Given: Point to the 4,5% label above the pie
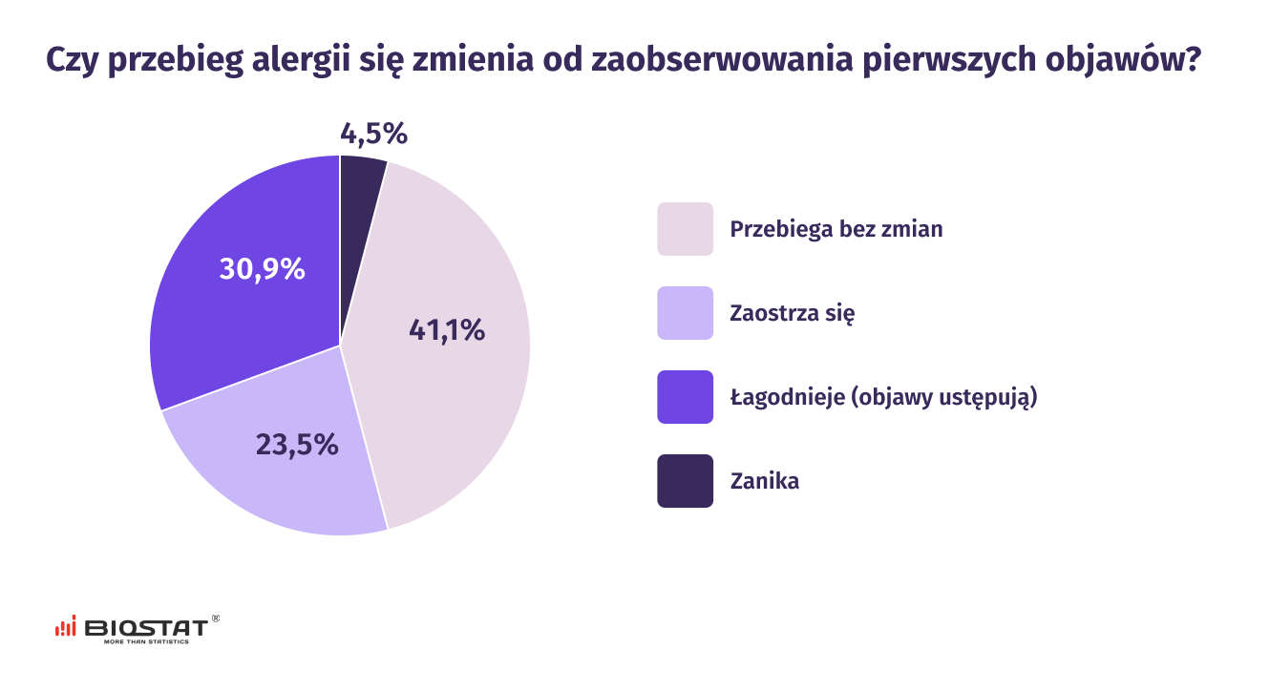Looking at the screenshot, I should coord(373,135).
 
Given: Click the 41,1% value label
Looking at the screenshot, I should coord(447,330).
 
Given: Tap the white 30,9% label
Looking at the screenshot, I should coord(262,269).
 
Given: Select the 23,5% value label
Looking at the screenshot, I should coord(297,444).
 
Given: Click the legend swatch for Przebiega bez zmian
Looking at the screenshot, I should coord(685,229).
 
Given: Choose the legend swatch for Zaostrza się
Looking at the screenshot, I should coord(685,313).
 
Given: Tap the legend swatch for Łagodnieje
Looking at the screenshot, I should coord(685,397).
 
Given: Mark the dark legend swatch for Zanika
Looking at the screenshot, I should coord(685,481).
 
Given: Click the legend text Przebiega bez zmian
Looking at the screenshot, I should coord(836,229).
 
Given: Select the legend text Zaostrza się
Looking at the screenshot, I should coord(792,313).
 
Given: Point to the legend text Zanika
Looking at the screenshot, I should coord(764,481).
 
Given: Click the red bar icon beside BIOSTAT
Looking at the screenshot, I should coord(66,626).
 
